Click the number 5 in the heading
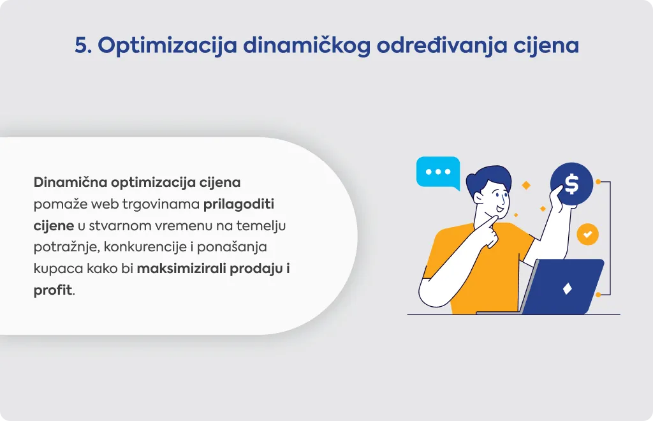coord(82,45)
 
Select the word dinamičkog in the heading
coord(307,46)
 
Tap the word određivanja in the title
coord(442,46)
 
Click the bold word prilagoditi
coord(238,205)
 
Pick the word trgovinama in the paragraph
coord(161,205)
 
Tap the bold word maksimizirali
coord(181,269)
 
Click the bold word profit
coord(53,290)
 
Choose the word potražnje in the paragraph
coord(66,247)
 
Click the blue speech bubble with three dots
coord(437,172)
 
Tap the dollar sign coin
coord(571,184)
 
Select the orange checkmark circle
coord(587,235)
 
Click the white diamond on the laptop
coord(567,289)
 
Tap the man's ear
coord(477,197)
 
